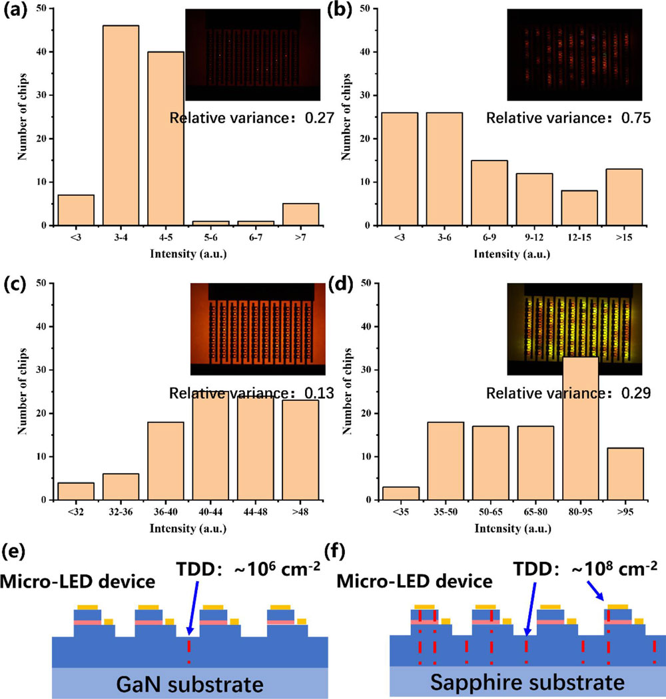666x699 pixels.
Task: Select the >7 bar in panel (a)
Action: point(300,214)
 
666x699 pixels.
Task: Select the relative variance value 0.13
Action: point(302,393)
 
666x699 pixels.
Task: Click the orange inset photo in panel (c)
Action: point(257,328)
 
